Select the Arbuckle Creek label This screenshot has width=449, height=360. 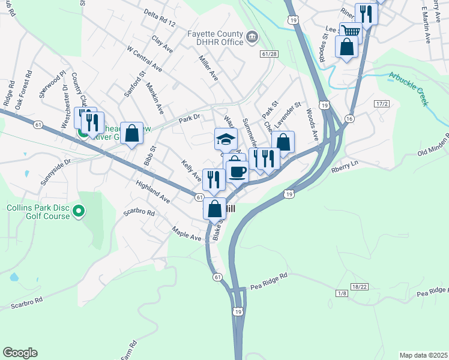(408, 88)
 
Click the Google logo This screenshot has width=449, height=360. (20, 353)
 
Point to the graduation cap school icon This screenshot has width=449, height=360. (226, 139)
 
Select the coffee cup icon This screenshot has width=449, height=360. (237, 172)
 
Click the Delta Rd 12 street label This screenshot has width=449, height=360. (160, 19)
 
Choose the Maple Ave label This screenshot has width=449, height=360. (186, 233)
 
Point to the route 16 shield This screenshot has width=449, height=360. (349, 119)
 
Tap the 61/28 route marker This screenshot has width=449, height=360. (270, 54)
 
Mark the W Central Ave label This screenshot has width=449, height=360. (143, 58)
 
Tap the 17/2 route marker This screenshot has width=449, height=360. (382, 104)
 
